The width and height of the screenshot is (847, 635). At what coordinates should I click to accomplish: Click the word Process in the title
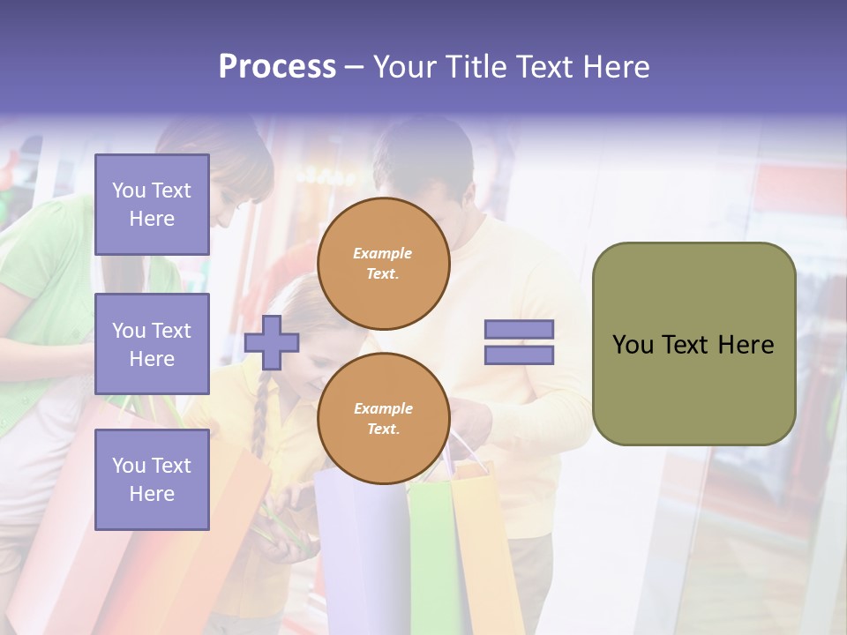[x=277, y=67]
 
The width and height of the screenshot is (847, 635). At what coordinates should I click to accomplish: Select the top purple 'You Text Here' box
[x=152, y=205]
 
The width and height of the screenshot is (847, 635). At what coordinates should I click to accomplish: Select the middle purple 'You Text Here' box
[x=152, y=344]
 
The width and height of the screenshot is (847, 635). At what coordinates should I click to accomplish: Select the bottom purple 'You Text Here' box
[x=152, y=480]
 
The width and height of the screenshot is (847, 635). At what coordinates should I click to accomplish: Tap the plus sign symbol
[x=272, y=342]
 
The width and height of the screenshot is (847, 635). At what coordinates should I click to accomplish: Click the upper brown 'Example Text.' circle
[x=383, y=264]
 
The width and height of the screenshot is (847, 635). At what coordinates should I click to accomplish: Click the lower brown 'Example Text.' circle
[x=383, y=419]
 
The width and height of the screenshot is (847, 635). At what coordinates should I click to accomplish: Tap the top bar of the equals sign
[x=519, y=329]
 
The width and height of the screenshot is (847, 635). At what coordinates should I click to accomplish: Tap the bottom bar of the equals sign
[x=519, y=355]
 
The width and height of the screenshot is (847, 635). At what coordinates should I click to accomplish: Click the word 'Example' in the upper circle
[x=382, y=253]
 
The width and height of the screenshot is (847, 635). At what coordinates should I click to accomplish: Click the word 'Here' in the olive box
[x=746, y=345]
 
